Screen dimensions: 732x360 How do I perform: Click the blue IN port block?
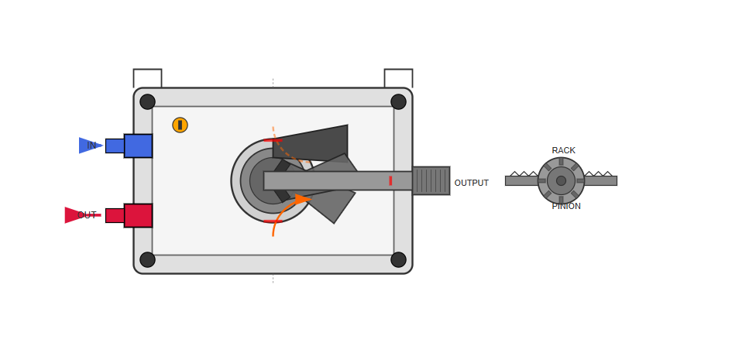(138, 146)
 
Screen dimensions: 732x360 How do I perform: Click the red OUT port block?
(138, 215)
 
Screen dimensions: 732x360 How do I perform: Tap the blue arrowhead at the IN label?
(91, 146)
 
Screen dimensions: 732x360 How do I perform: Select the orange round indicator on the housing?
(180, 125)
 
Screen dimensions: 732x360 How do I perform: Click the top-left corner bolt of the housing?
(147, 101)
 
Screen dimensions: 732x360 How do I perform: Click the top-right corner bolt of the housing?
(398, 101)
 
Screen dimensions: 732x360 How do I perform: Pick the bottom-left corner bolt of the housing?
(147, 259)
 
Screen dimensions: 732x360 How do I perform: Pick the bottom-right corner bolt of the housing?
(398, 259)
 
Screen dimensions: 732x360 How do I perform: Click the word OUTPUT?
(472, 183)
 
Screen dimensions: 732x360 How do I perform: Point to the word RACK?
(563, 151)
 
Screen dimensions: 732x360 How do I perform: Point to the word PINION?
(566, 206)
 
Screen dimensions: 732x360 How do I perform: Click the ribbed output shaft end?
(431, 180)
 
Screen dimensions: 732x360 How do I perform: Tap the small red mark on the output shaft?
(390, 180)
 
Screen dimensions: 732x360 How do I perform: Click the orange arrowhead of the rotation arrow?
(303, 199)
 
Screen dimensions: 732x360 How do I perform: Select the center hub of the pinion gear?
(561, 180)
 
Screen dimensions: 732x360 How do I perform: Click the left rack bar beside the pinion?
(521, 180)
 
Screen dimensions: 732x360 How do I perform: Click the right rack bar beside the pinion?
(600, 180)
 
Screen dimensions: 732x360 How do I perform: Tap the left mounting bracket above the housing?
(147, 78)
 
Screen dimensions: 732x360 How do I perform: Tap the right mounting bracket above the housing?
(398, 78)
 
